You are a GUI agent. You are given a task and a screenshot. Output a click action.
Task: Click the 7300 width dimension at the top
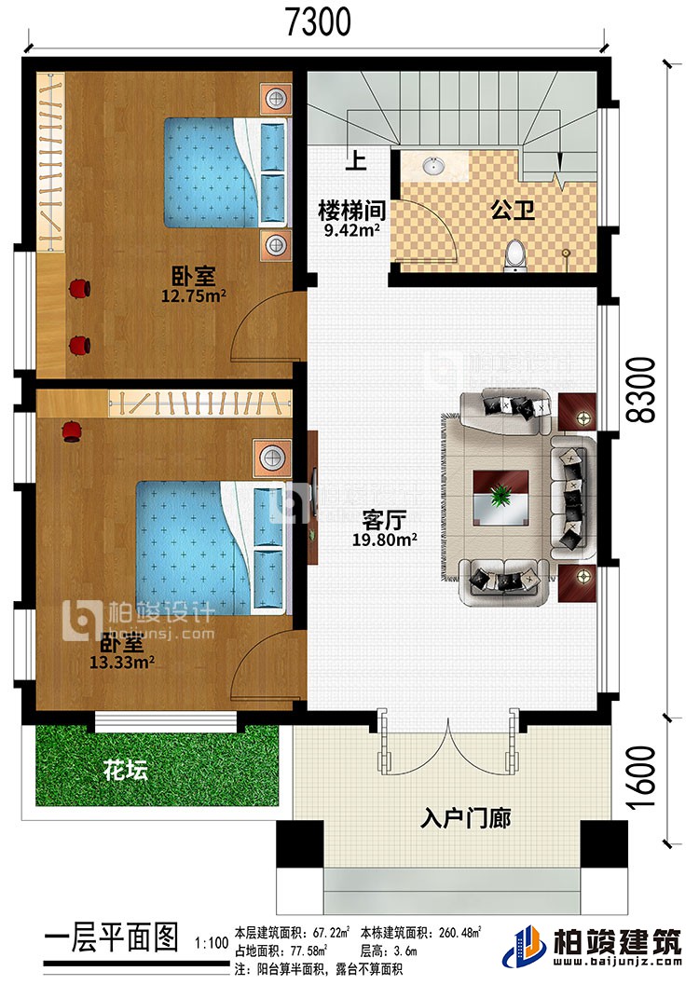click(x=317, y=20)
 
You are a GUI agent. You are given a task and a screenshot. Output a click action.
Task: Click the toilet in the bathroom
click(x=514, y=254)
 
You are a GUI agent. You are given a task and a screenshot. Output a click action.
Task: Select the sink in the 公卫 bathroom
click(x=434, y=168)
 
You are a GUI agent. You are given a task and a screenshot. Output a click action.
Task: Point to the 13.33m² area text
click(x=122, y=664)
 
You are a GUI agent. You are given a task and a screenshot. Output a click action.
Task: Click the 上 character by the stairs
click(x=354, y=161)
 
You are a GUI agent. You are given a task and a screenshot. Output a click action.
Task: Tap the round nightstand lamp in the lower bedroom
click(x=271, y=457)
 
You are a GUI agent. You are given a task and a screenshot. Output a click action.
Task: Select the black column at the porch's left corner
click(x=295, y=844)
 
